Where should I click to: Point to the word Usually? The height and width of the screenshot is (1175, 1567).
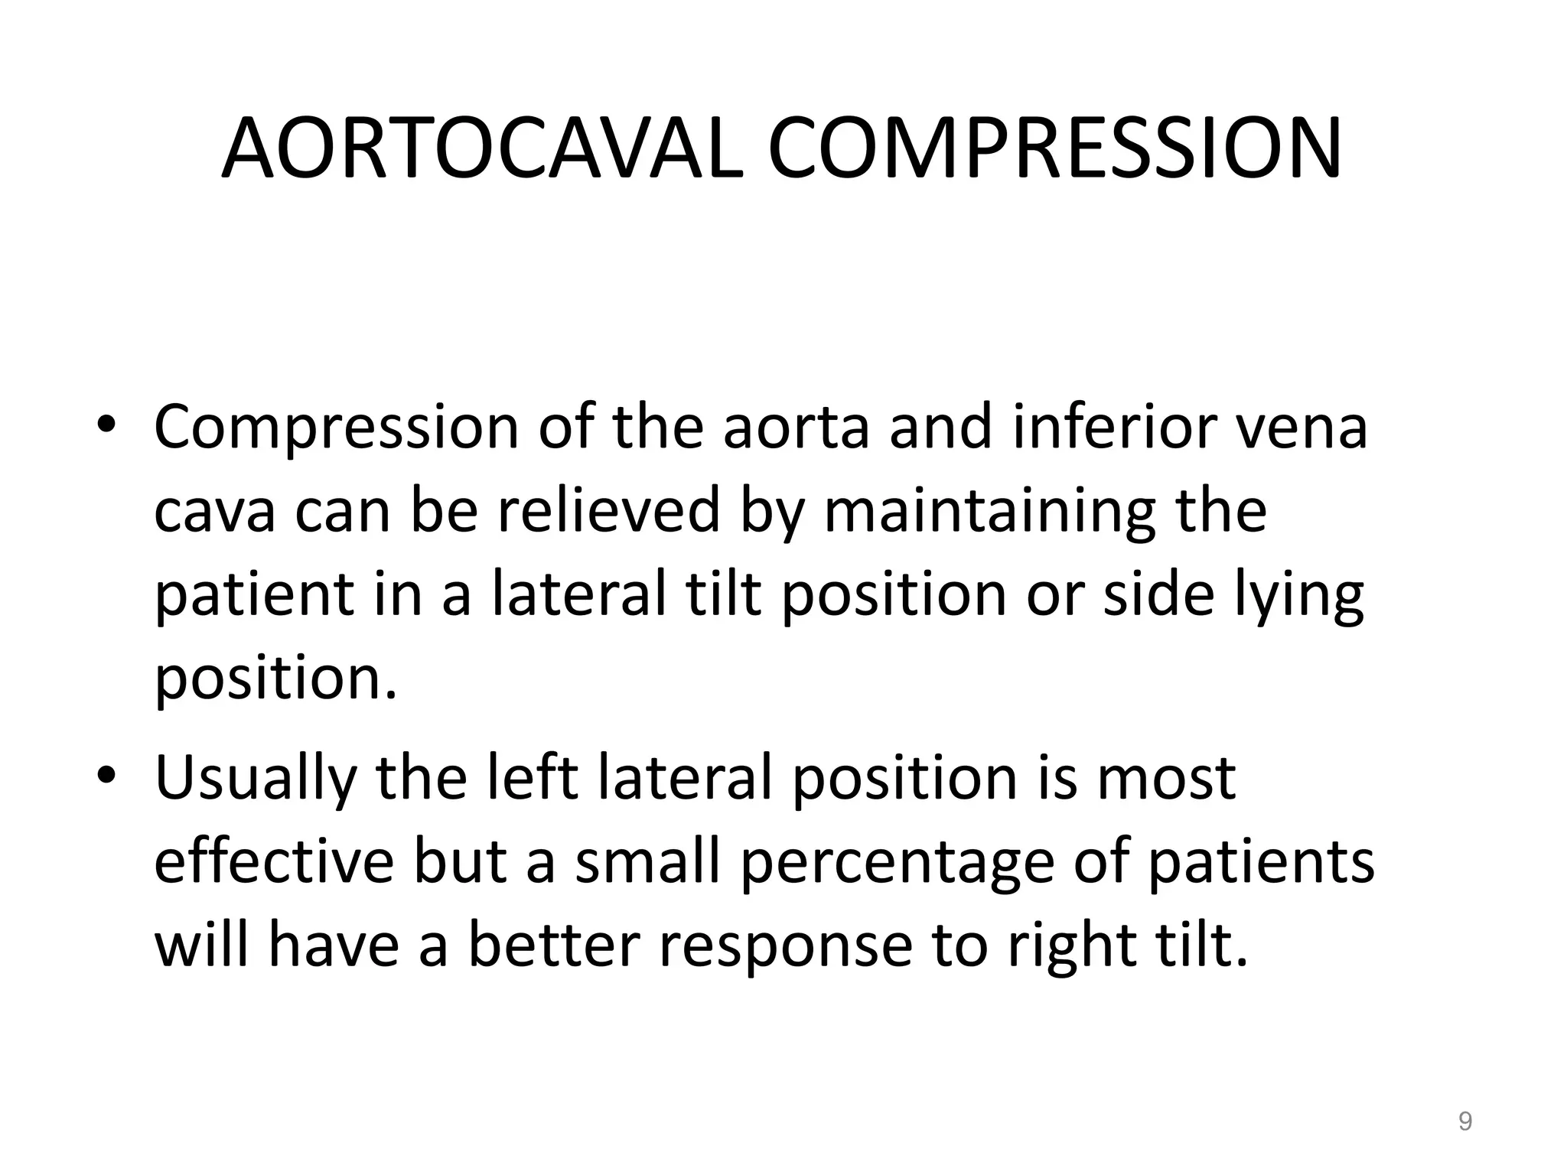pyautogui.click(x=256, y=779)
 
